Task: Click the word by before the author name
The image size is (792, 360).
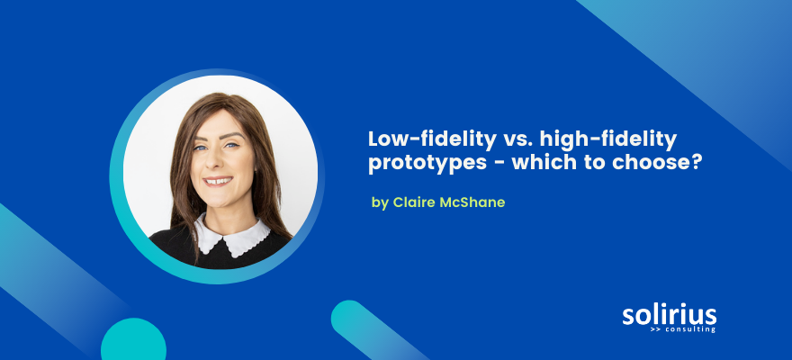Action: [380, 202]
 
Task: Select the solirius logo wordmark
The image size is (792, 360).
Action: [670, 314]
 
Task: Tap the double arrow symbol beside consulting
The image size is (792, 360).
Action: [654, 329]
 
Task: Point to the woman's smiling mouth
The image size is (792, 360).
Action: [218, 181]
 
